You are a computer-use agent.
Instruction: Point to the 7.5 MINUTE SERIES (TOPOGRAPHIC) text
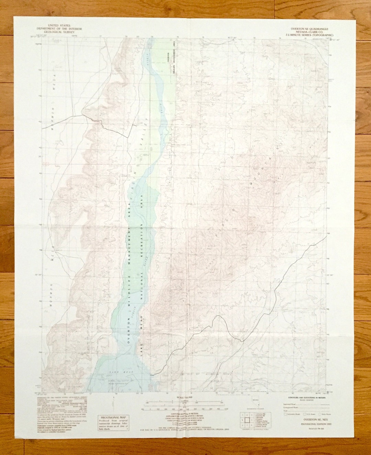click(x=310, y=35)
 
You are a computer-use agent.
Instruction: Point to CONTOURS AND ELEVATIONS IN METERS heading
click(x=305, y=397)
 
